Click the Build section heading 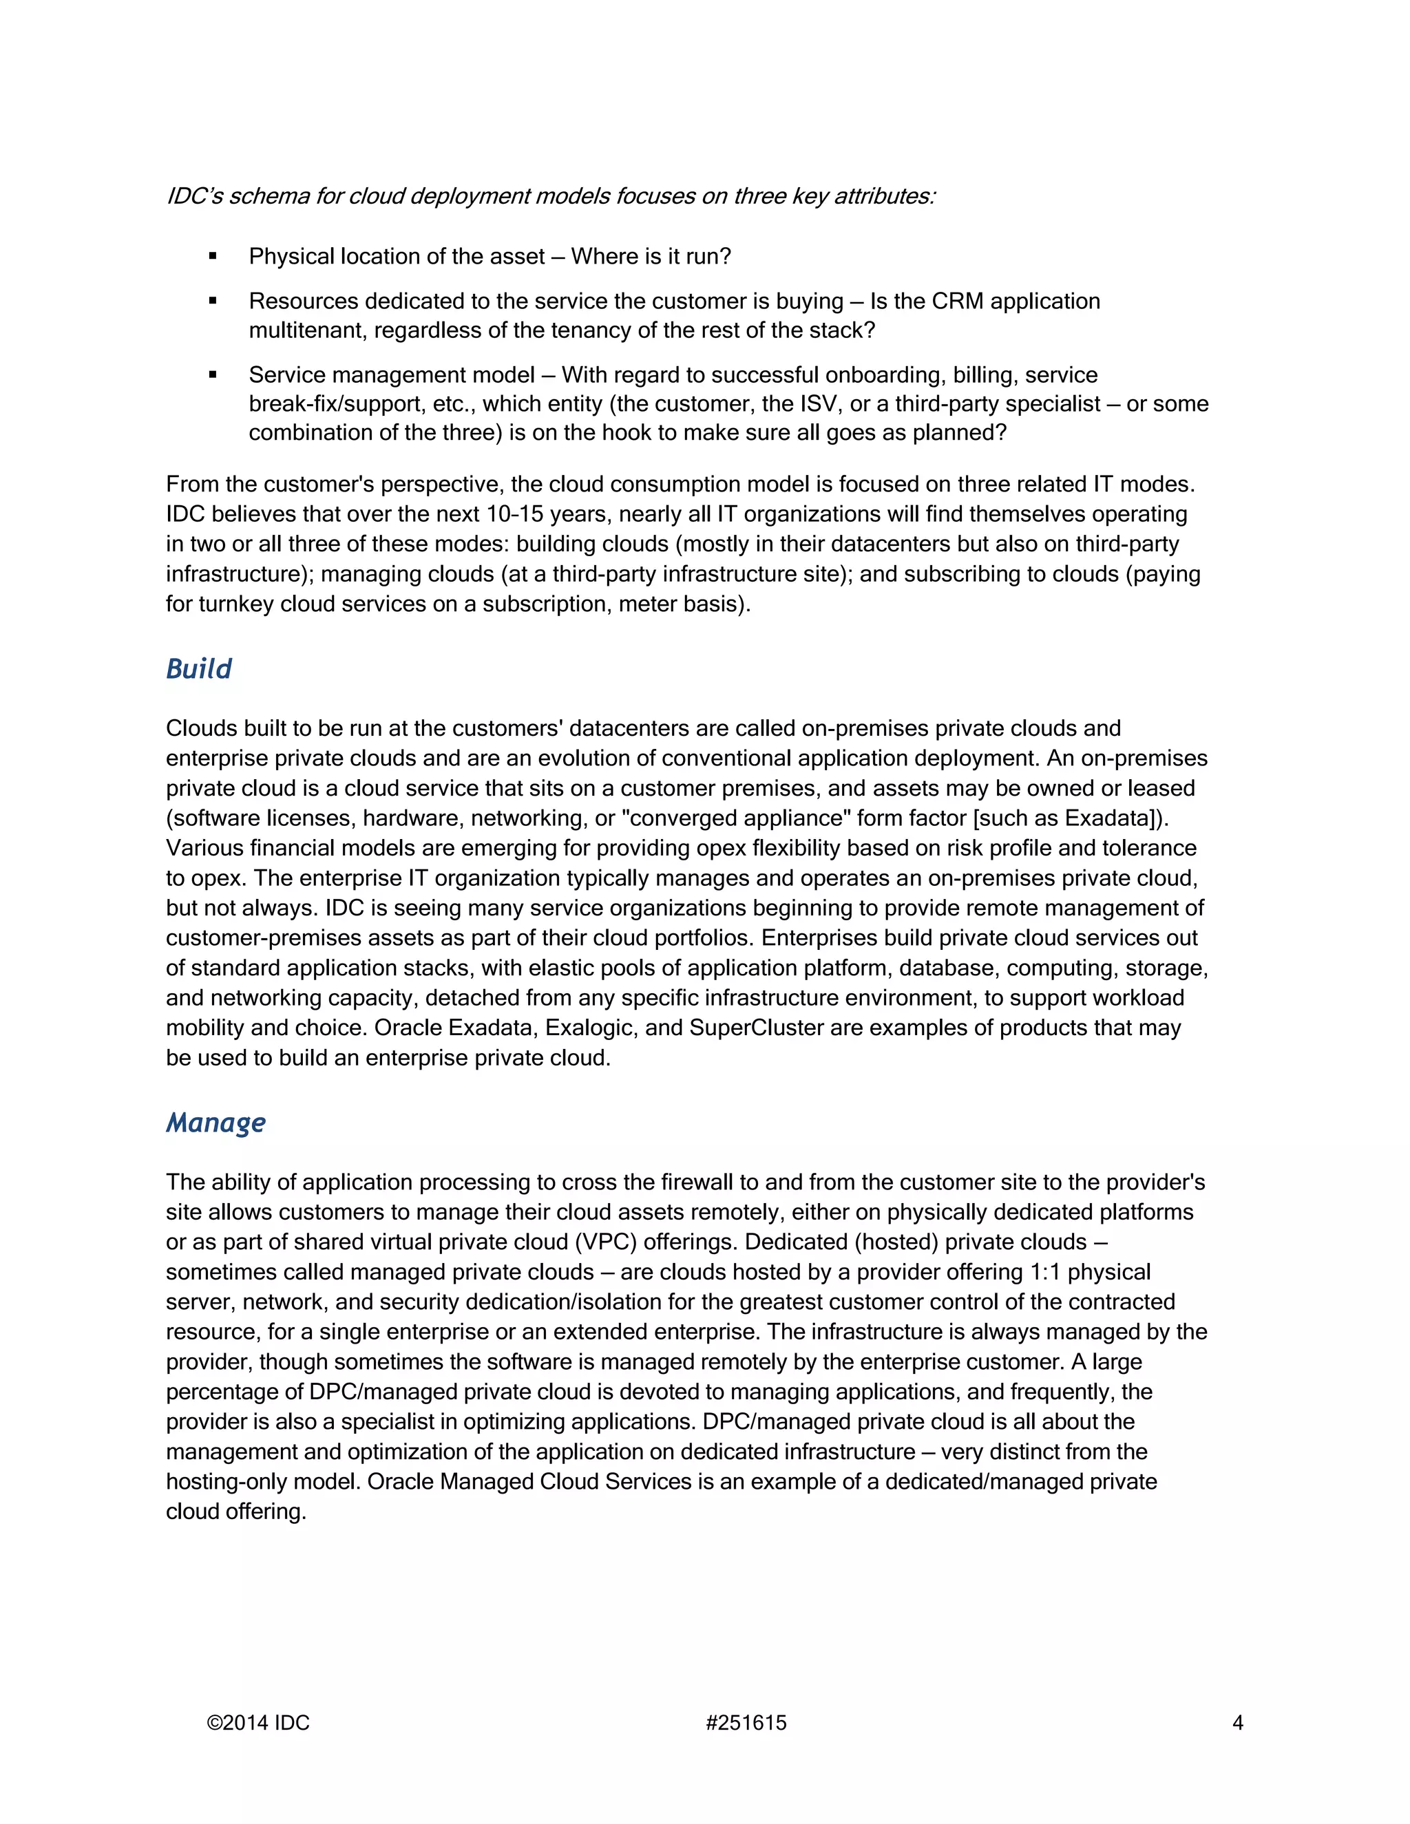199,669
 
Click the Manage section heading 215,1123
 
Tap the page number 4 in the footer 1238,1723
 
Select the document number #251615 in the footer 746,1723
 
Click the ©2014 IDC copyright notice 258,1723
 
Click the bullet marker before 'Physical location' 213,257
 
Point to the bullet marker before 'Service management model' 213,375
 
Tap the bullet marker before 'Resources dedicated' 213,301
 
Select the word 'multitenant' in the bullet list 307,330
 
